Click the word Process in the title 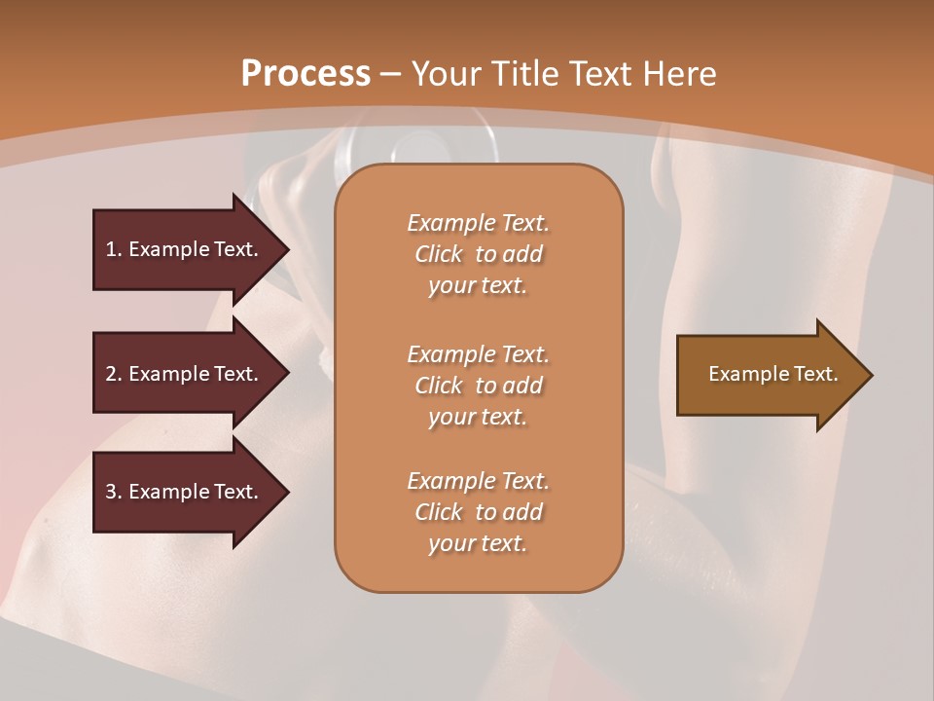point(305,74)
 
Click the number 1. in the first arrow point(114,249)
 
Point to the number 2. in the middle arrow point(114,374)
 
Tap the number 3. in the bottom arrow point(114,492)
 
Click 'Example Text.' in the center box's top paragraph point(479,223)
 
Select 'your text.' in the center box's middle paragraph point(478,417)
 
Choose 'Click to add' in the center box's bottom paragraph point(479,512)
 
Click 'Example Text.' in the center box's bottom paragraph point(479,481)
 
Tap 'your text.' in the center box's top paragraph point(478,286)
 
